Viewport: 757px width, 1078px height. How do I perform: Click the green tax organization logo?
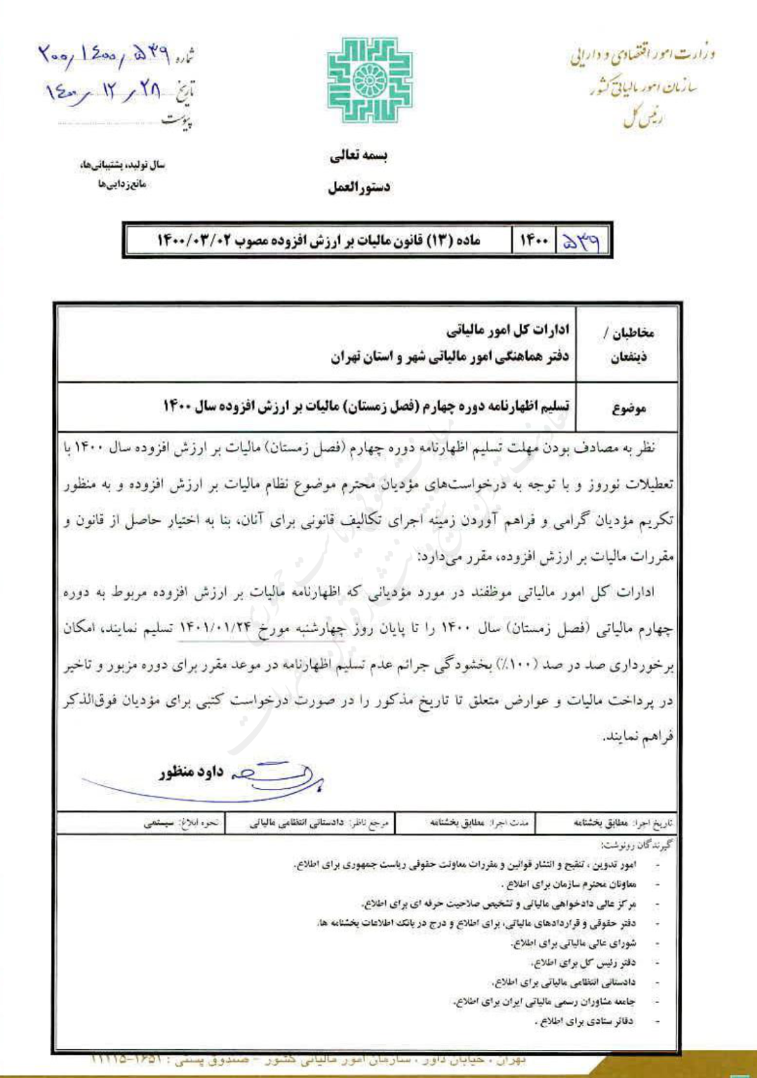tap(369, 80)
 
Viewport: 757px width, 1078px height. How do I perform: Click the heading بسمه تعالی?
tap(359, 156)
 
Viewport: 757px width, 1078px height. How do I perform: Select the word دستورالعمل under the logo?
tap(359, 187)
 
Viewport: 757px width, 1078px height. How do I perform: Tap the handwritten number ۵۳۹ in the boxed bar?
tap(581, 241)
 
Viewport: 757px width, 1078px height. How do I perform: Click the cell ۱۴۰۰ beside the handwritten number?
tap(533, 241)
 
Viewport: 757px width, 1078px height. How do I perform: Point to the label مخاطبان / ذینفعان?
tap(628, 344)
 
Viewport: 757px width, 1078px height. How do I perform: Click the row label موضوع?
tap(629, 408)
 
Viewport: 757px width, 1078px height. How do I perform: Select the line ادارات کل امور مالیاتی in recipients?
tap(508, 330)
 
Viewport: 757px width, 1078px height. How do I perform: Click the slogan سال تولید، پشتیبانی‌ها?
tap(122, 166)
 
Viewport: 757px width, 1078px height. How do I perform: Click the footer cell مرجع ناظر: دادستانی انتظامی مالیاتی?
tap(319, 823)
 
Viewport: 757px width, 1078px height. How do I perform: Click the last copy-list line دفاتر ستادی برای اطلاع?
tap(583, 1021)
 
